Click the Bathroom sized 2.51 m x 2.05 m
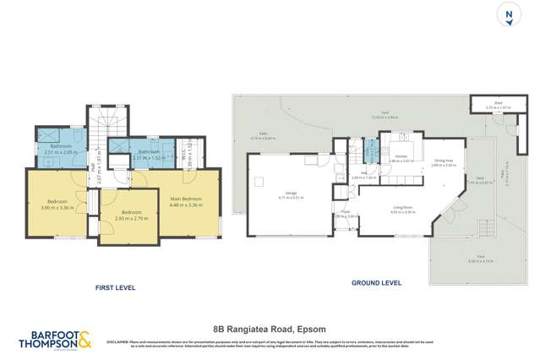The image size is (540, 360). (x=59, y=149)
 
